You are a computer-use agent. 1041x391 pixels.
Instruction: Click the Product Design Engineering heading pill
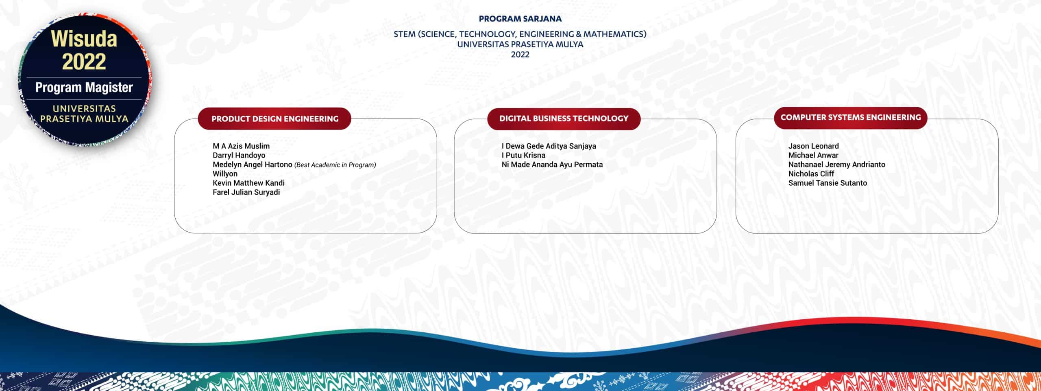[x=274, y=119]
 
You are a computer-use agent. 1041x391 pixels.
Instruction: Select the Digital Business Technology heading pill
[x=564, y=119]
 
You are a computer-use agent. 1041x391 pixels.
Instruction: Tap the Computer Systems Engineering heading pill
[x=851, y=117]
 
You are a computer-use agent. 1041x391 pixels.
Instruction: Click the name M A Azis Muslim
[x=241, y=146]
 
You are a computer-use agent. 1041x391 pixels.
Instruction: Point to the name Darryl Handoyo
[x=239, y=155]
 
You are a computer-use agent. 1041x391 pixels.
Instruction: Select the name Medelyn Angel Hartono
[x=253, y=165]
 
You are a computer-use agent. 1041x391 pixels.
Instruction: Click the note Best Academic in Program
[x=335, y=165]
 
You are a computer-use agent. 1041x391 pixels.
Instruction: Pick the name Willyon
[x=225, y=174]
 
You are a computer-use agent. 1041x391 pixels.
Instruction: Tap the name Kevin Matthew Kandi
[x=249, y=183]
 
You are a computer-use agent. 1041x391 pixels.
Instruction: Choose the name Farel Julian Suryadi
[x=246, y=192]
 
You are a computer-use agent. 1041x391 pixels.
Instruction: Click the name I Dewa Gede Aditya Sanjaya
[x=549, y=146]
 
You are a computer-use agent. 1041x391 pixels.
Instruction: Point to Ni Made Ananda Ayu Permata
[x=552, y=165]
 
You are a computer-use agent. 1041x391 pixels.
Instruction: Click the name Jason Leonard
[x=814, y=146]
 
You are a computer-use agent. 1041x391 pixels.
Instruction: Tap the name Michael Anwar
[x=813, y=155]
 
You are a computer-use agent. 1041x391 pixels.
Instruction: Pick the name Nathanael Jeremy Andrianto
[x=837, y=165]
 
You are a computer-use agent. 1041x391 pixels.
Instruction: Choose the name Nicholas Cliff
[x=811, y=174]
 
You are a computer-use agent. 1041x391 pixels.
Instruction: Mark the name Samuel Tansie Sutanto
[x=828, y=183]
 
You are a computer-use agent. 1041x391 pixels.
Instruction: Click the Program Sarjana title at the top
[x=520, y=19]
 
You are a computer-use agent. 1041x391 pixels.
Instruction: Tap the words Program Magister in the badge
[x=84, y=88]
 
